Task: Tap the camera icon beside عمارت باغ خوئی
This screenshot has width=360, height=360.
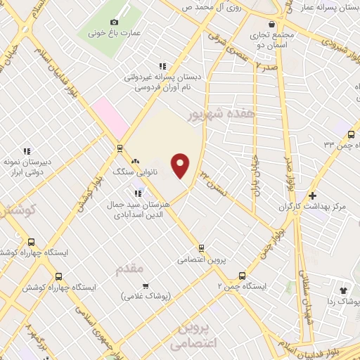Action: coord(115,22)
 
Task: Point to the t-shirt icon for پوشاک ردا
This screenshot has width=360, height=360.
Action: coord(344,289)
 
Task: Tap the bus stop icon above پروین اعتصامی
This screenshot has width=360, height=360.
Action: coord(201,247)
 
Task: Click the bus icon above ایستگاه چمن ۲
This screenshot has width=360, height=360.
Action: coord(243,275)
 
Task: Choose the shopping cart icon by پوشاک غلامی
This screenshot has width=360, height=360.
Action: coord(145,285)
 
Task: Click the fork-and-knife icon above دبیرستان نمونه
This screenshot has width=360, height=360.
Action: coord(27,150)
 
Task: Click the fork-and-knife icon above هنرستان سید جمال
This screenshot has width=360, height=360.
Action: coord(138,193)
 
